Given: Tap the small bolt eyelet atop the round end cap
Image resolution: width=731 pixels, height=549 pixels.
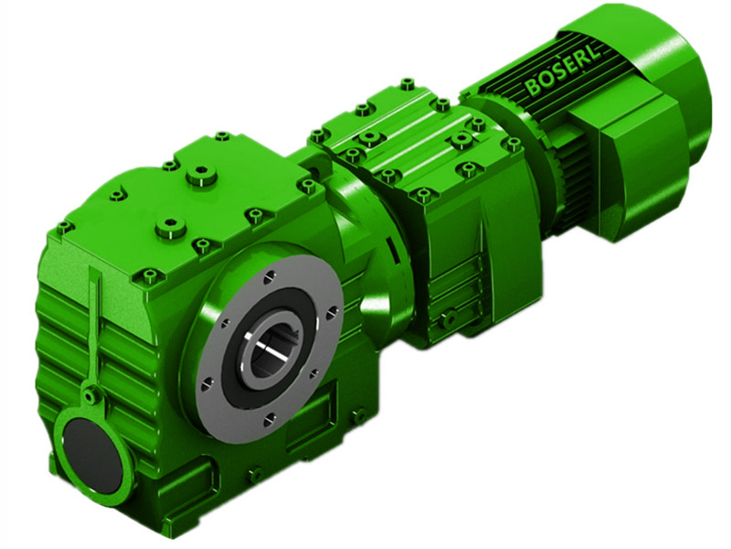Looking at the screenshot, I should (x=90, y=395).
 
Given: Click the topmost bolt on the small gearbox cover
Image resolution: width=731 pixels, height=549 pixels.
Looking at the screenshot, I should (x=407, y=84).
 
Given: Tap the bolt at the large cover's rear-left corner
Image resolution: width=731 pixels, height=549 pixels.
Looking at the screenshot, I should (x=63, y=226).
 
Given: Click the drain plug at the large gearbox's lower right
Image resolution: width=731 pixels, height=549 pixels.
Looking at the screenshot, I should (x=360, y=417).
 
